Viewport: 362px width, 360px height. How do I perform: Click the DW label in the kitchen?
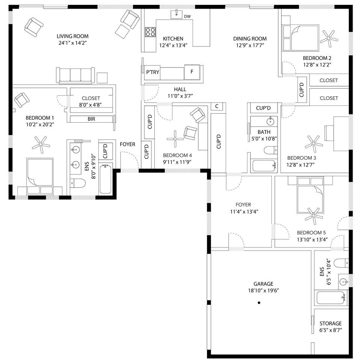187,16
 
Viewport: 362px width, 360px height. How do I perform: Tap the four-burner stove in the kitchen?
150,32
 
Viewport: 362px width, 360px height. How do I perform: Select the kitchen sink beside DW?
176,14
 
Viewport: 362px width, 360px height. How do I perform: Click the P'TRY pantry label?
152,72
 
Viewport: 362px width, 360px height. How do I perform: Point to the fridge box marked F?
192,72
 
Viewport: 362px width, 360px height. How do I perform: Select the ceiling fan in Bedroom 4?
175,139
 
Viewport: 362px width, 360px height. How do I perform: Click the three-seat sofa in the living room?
75,75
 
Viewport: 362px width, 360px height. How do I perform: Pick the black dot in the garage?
259,303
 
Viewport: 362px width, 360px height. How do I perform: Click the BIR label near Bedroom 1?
91,119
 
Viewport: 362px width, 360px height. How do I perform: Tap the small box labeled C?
217,106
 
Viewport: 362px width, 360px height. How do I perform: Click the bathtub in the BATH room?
264,166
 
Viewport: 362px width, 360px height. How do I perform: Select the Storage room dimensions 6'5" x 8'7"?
330,330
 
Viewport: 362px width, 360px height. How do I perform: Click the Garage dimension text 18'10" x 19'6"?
263,291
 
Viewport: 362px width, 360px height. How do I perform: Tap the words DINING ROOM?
250,39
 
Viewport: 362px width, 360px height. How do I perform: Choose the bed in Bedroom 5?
310,195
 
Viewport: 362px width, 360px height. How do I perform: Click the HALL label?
180,90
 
